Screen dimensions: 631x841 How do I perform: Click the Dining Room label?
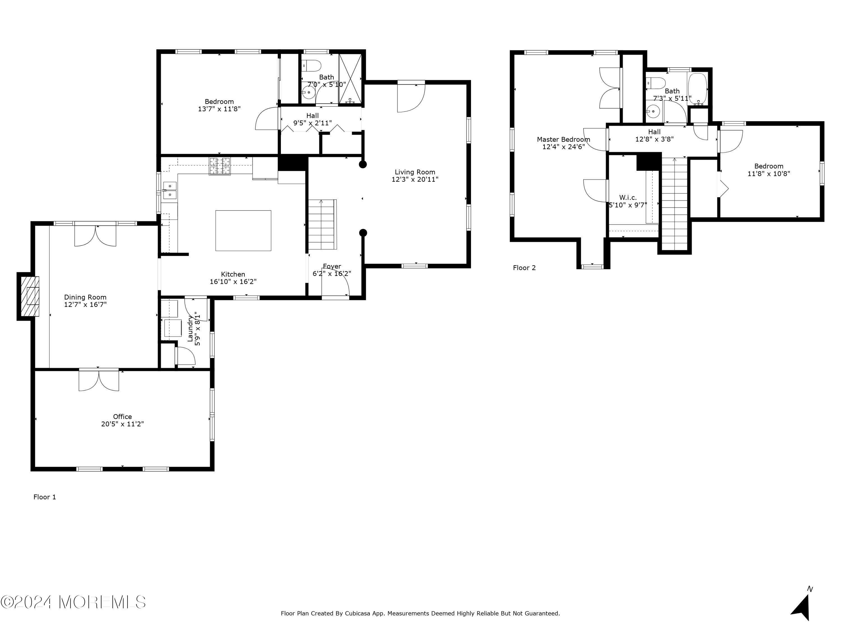point(85,297)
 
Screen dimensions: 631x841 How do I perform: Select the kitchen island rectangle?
point(243,231)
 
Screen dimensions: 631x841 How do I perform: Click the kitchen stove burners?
point(220,166)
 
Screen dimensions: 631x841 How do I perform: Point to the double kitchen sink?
point(170,190)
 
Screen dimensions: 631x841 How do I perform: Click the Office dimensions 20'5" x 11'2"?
point(123,424)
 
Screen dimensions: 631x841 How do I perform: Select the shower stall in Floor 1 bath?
point(350,79)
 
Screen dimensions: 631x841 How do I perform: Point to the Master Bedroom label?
point(563,140)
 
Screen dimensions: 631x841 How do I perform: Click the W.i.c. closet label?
point(628,197)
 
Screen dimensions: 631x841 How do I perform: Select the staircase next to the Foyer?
point(322,224)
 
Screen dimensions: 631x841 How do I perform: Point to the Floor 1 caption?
point(45,497)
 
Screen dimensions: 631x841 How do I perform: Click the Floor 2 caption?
point(524,268)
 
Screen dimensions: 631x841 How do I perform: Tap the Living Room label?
point(415,172)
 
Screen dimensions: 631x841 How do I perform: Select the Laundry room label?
point(190,329)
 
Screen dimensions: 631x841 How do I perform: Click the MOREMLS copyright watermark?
point(73,602)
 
